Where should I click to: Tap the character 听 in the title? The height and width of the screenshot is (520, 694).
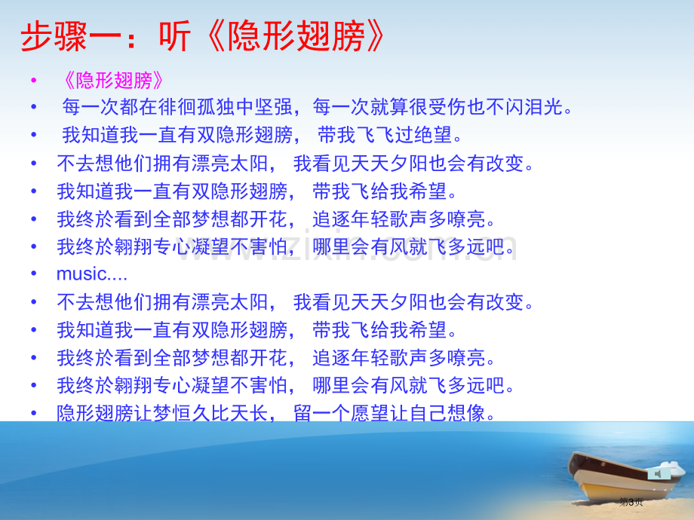[175, 36]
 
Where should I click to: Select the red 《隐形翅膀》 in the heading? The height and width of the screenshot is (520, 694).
[294, 36]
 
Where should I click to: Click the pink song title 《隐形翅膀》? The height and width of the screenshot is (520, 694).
[113, 81]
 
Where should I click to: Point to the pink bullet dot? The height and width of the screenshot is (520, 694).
[34, 81]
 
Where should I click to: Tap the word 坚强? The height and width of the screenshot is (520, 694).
[273, 107]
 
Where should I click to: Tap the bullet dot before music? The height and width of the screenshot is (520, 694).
[34, 274]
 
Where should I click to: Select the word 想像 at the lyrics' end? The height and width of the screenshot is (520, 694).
[467, 413]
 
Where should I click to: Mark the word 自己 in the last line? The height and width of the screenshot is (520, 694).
[428, 413]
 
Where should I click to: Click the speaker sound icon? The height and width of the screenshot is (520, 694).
[658, 474]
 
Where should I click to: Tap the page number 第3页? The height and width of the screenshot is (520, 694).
[631, 502]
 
